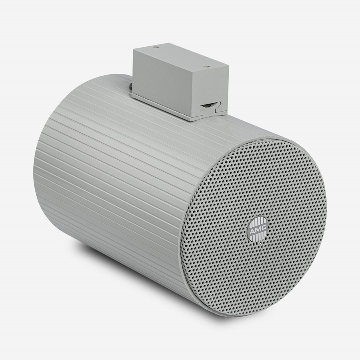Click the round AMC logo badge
[257, 228]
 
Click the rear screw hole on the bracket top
[156, 47]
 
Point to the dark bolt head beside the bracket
[131, 86]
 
